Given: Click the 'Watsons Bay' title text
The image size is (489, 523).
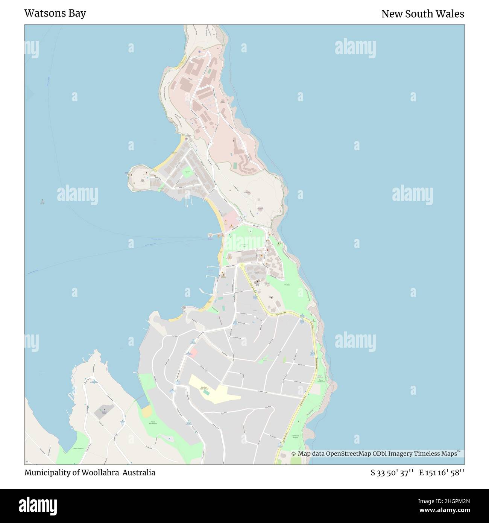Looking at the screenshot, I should [55, 14].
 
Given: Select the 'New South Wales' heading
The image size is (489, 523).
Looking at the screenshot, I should [422, 14].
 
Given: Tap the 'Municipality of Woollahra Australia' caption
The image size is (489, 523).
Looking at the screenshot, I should [90, 473].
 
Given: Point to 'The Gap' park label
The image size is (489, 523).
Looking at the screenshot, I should [287, 285].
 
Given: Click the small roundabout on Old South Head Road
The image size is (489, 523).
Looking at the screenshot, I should [242, 265].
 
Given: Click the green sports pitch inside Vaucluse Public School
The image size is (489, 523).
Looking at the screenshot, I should [206, 393].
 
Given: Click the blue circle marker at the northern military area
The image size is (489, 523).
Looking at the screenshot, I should [199, 52].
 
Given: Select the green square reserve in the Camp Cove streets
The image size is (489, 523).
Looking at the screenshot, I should [187, 174].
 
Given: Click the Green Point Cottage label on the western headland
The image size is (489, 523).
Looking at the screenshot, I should [142, 181].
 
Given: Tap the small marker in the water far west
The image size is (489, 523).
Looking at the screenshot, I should [42, 201].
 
